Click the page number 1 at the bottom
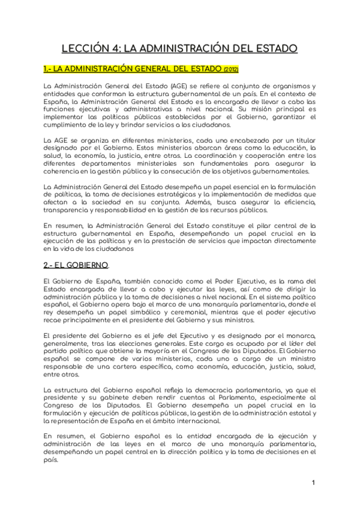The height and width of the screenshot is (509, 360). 313,482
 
